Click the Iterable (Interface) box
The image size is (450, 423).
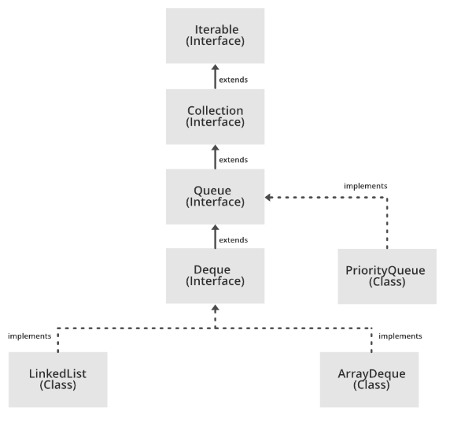[x=215, y=35]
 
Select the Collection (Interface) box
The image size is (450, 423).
[x=215, y=116]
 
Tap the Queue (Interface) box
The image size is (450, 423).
[x=215, y=196]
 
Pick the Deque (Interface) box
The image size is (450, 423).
[x=215, y=276]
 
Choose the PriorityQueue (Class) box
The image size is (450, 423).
[x=386, y=276]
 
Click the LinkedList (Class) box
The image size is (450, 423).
[x=57, y=379]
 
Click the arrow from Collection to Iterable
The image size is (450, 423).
[x=215, y=76]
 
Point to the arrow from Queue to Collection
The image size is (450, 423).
[x=215, y=157]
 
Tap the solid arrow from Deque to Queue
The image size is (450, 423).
[x=215, y=236]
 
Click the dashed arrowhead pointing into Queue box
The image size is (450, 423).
[x=269, y=197]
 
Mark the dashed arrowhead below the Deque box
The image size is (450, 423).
[x=215, y=309]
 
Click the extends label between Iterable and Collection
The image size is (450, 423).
[x=233, y=79]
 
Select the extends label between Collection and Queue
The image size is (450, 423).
[x=233, y=159]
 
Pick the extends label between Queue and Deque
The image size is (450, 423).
[x=233, y=239]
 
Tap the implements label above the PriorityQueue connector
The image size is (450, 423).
[x=365, y=186]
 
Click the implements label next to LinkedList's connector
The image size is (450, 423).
[x=29, y=336]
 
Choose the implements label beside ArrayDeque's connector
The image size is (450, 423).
[x=400, y=336]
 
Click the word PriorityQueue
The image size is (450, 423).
[x=386, y=270]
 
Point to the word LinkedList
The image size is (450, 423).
[x=57, y=373]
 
